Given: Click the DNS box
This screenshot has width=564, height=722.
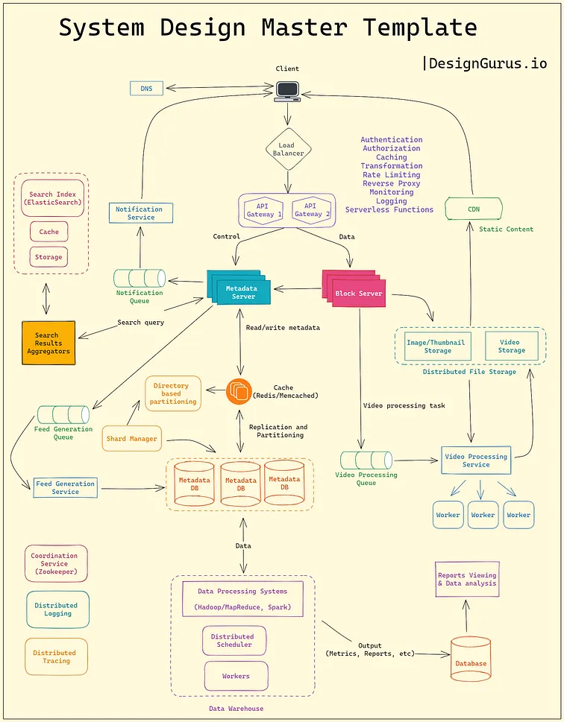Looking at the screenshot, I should pyautogui.click(x=146, y=89).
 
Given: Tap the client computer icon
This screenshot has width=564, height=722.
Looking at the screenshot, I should pyautogui.click(x=287, y=91).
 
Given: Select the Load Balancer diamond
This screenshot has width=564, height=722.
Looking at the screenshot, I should pyautogui.click(x=288, y=149).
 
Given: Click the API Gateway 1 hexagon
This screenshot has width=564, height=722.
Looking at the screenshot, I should pyautogui.click(x=264, y=210).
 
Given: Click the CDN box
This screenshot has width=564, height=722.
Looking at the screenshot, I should pyautogui.click(x=474, y=209).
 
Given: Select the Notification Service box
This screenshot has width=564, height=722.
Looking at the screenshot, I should pyautogui.click(x=140, y=213).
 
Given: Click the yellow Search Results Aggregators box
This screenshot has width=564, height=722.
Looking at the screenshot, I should pyautogui.click(x=48, y=343).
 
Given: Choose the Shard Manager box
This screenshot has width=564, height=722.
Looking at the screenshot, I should pyautogui.click(x=132, y=439).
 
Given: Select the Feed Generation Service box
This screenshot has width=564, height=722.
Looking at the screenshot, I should pyautogui.click(x=65, y=488).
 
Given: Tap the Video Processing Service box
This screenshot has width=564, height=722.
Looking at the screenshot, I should pyautogui.click(x=475, y=460).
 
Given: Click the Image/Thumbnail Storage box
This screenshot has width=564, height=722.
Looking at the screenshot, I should pyautogui.click(x=438, y=346).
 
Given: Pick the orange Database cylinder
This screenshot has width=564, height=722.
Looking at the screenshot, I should pyautogui.click(x=471, y=658).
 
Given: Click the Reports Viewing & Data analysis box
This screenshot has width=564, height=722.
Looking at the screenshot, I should pyautogui.click(x=467, y=580).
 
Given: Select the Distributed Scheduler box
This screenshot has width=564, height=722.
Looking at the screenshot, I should pyautogui.click(x=233, y=641).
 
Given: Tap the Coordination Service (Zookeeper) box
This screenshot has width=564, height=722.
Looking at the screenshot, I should pyautogui.click(x=54, y=563).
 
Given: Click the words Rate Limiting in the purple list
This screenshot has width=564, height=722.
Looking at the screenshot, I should pyautogui.click(x=391, y=175).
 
